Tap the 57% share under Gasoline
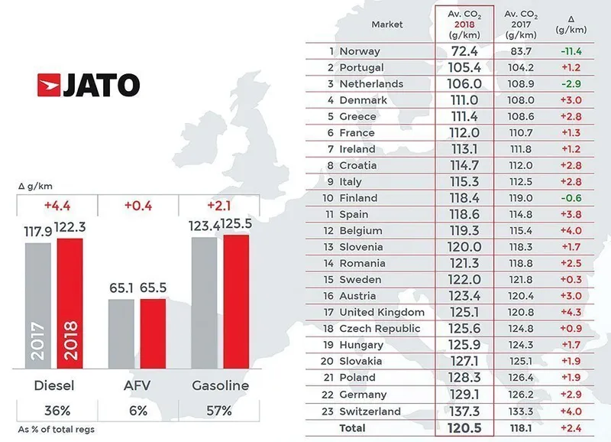(x=218, y=411)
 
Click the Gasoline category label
(x=218, y=385)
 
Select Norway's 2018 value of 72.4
(x=464, y=51)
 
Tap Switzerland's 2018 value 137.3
(x=464, y=411)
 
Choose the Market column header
(x=386, y=24)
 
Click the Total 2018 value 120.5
(x=464, y=427)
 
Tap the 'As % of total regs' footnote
(x=57, y=430)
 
